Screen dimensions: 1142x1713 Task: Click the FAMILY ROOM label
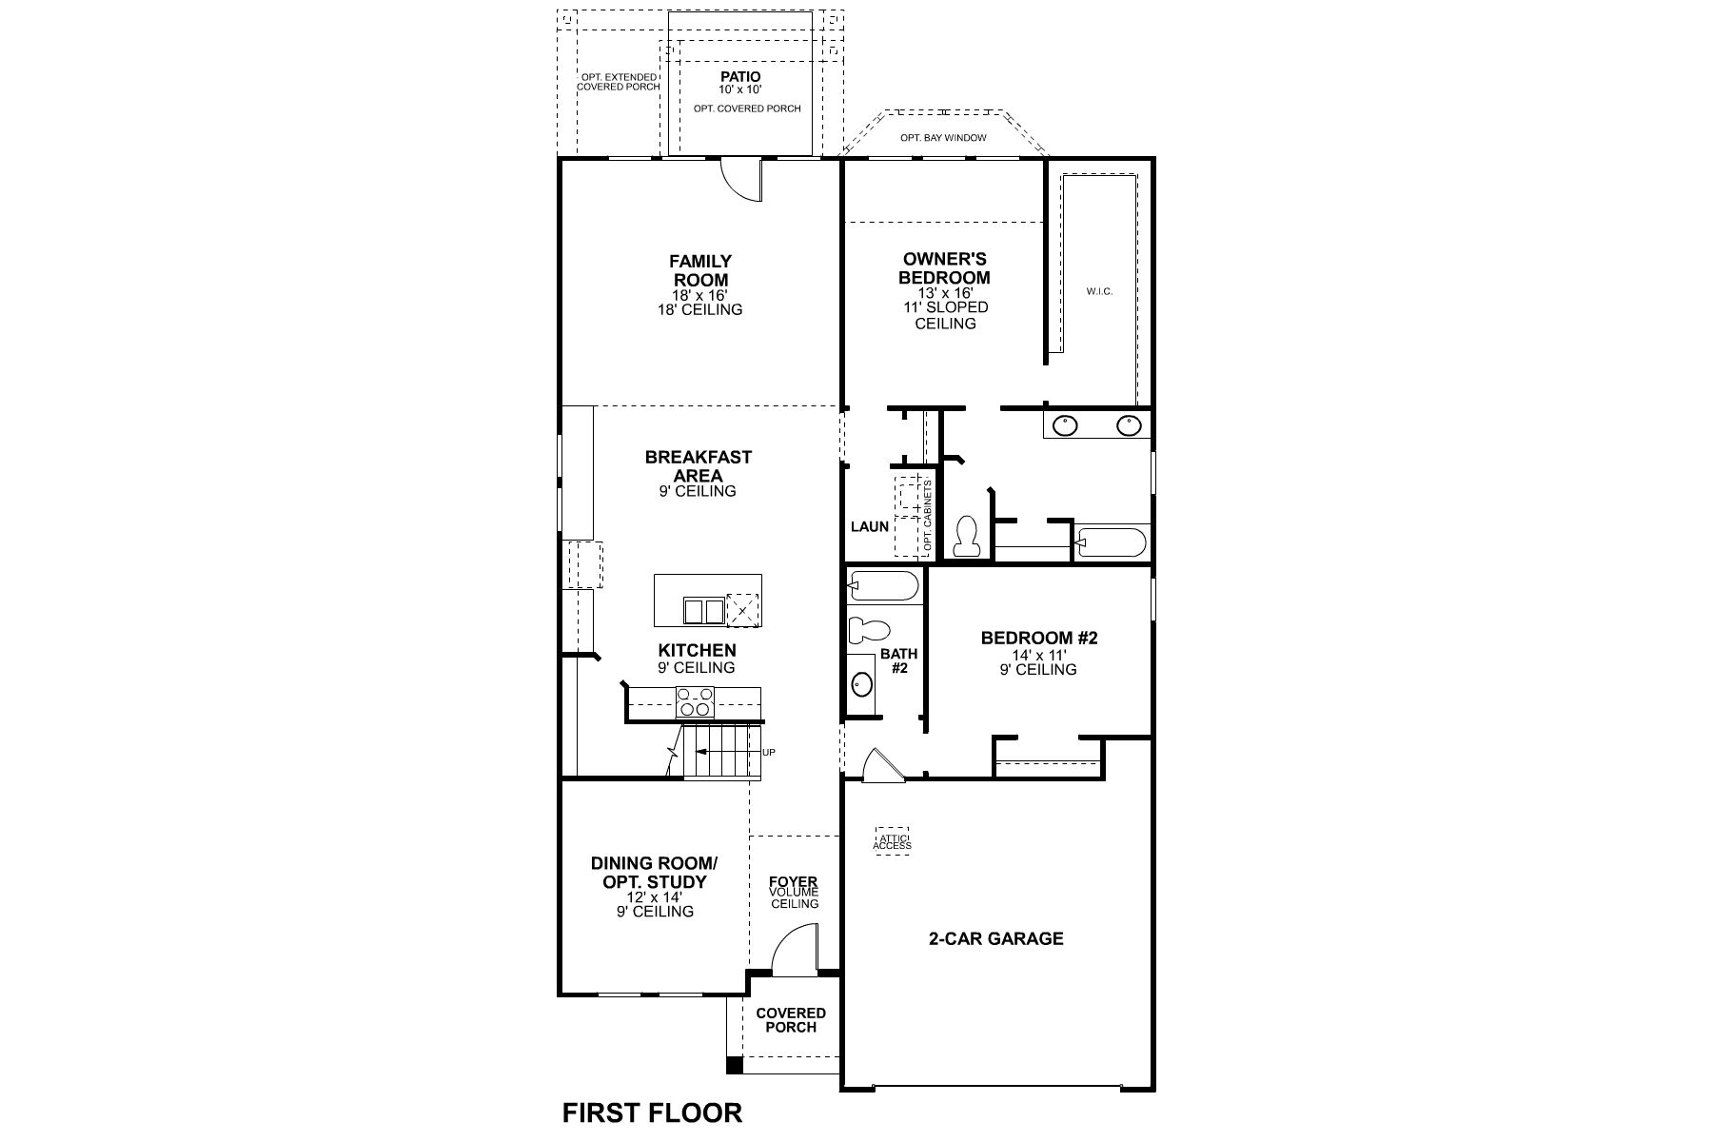click(x=700, y=271)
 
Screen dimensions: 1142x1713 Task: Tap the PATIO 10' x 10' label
click(x=739, y=82)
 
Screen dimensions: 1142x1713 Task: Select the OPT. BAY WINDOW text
click(x=943, y=138)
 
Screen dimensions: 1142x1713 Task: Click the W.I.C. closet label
click(x=1099, y=291)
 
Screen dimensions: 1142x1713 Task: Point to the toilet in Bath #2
click(x=868, y=629)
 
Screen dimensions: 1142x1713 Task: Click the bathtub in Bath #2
click(x=883, y=585)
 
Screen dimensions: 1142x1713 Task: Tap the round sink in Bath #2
click(x=862, y=683)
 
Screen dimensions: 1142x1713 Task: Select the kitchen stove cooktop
click(x=695, y=701)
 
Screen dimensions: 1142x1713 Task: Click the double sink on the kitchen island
click(x=704, y=610)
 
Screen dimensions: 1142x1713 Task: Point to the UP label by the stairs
click(x=769, y=753)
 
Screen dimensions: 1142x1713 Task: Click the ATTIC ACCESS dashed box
click(x=892, y=839)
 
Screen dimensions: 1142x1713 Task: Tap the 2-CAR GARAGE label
click(x=995, y=938)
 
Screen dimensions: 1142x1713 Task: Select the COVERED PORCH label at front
click(x=791, y=1020)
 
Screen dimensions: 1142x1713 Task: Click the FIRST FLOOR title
click(x=652, y=1112)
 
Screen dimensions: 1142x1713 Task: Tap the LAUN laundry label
click(x=870, y=526)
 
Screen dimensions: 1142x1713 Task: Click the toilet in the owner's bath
click(x=967, y=537)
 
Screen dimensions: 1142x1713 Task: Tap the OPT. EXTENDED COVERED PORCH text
click(x=619, y=82)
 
